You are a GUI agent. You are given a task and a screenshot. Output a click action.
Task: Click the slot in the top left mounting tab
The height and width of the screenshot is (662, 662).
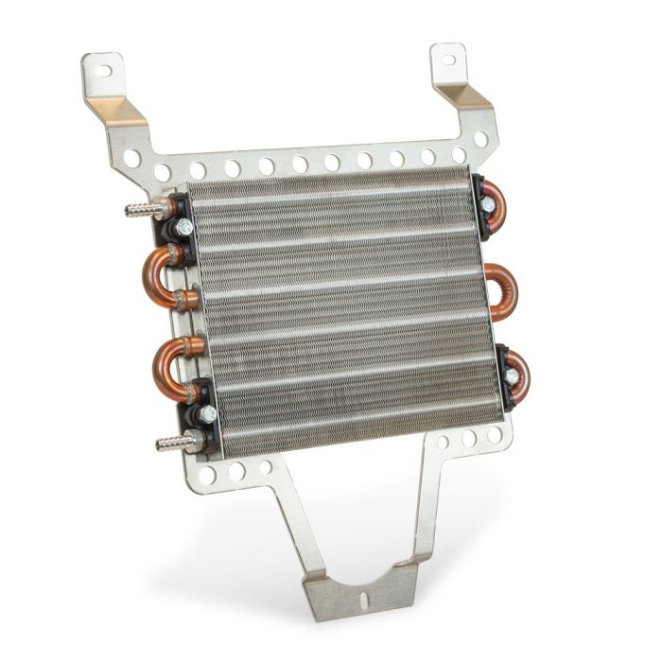(104, 69)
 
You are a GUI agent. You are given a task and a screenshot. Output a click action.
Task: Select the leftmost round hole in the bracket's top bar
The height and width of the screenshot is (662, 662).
(133, 157)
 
